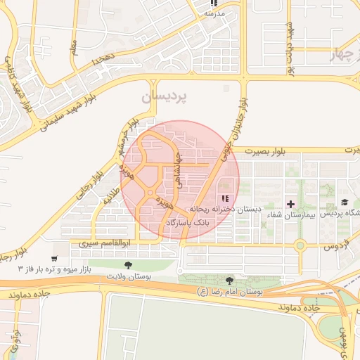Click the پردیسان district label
[171, 98]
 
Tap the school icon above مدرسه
[214, 4]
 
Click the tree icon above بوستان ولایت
[127, 265]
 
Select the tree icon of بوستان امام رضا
[229, 281]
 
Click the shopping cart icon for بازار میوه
[54, 258]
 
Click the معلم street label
[74, 48]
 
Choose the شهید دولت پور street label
[288, 39]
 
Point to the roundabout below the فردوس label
[300, 246]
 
